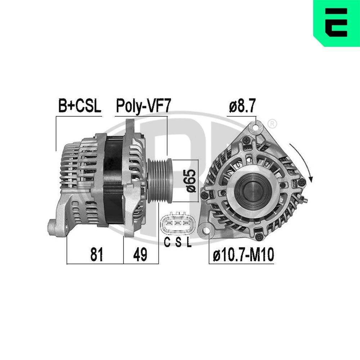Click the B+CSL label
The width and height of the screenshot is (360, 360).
(80, 107)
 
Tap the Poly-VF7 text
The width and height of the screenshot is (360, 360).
(142, 107)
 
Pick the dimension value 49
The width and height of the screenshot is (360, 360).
(140, 255)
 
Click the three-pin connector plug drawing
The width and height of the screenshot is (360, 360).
(178, 224)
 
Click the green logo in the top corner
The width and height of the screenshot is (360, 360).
(336, 23)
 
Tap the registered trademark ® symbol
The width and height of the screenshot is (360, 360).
(273, 124)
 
